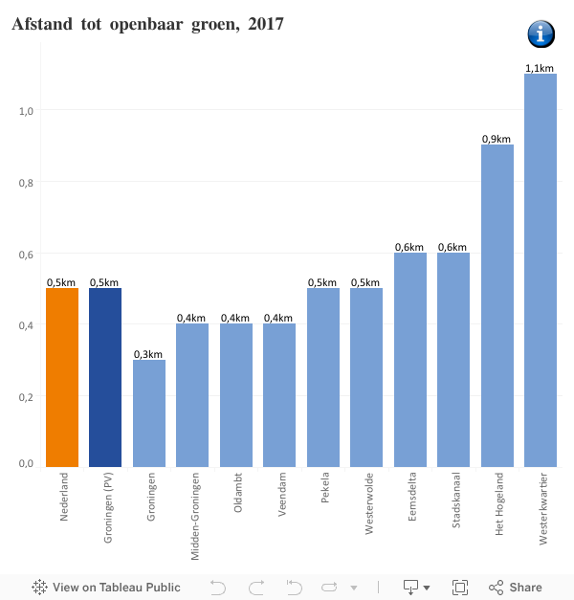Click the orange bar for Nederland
(62, 377)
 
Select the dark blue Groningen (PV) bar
(105, 377)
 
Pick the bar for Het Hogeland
(497, 306)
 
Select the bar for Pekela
(322, 377)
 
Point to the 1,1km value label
(540, 68)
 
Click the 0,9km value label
(497, 139)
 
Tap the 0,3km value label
(148, 354)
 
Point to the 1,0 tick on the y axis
(26, 111)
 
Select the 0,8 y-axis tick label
(26, 183)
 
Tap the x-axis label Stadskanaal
(455, 499)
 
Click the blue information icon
(541, 34)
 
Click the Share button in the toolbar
(516, 588)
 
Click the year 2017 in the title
(265, 24)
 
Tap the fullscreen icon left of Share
(459, 588)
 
